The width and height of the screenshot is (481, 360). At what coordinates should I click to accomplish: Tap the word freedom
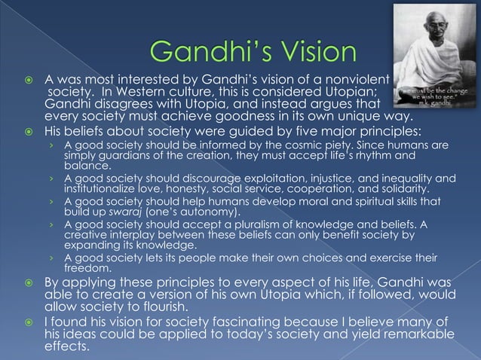tap(86, 270)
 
